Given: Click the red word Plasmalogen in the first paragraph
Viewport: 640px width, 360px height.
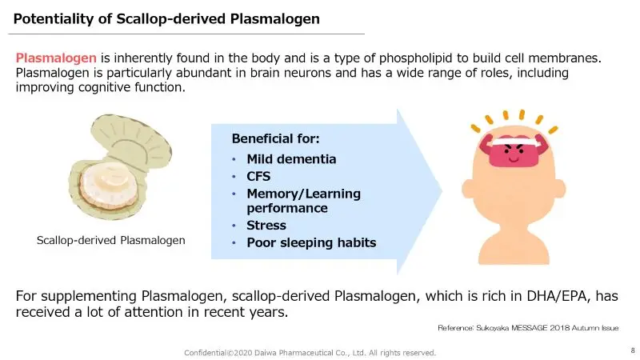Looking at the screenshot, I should pyautogui.click(x=56, y=58).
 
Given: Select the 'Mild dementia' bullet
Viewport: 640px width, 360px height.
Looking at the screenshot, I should pyautogui.click(x=291, y=158).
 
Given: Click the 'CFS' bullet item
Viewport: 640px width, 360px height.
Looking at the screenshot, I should pyautogui.click(x=258, y=176).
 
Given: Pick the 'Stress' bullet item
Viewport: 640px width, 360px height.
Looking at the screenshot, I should pyautogui.click(x=266, y=226).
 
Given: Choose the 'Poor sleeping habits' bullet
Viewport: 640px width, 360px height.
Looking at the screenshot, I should pyautogui.click(x=310, y=242).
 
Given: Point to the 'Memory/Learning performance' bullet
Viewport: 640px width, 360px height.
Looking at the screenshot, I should pyautogui.click(x=303, y=201).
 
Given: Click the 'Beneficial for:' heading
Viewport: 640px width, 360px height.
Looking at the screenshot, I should pyautogui.click(x=275, y=138).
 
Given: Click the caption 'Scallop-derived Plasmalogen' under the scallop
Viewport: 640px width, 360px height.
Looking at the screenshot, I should pyautogui.click(x=111, y=240).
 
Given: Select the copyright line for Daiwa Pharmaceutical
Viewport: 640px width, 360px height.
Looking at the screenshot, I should pyautogui.click(x=310, y=353).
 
